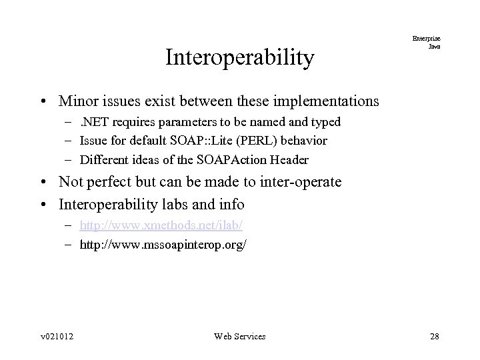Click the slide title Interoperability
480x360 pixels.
point(239,58)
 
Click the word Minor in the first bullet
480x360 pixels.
point(77,101)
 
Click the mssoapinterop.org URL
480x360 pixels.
point(163,245)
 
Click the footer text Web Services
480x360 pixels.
point(239,336)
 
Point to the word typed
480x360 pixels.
point(325,122)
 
